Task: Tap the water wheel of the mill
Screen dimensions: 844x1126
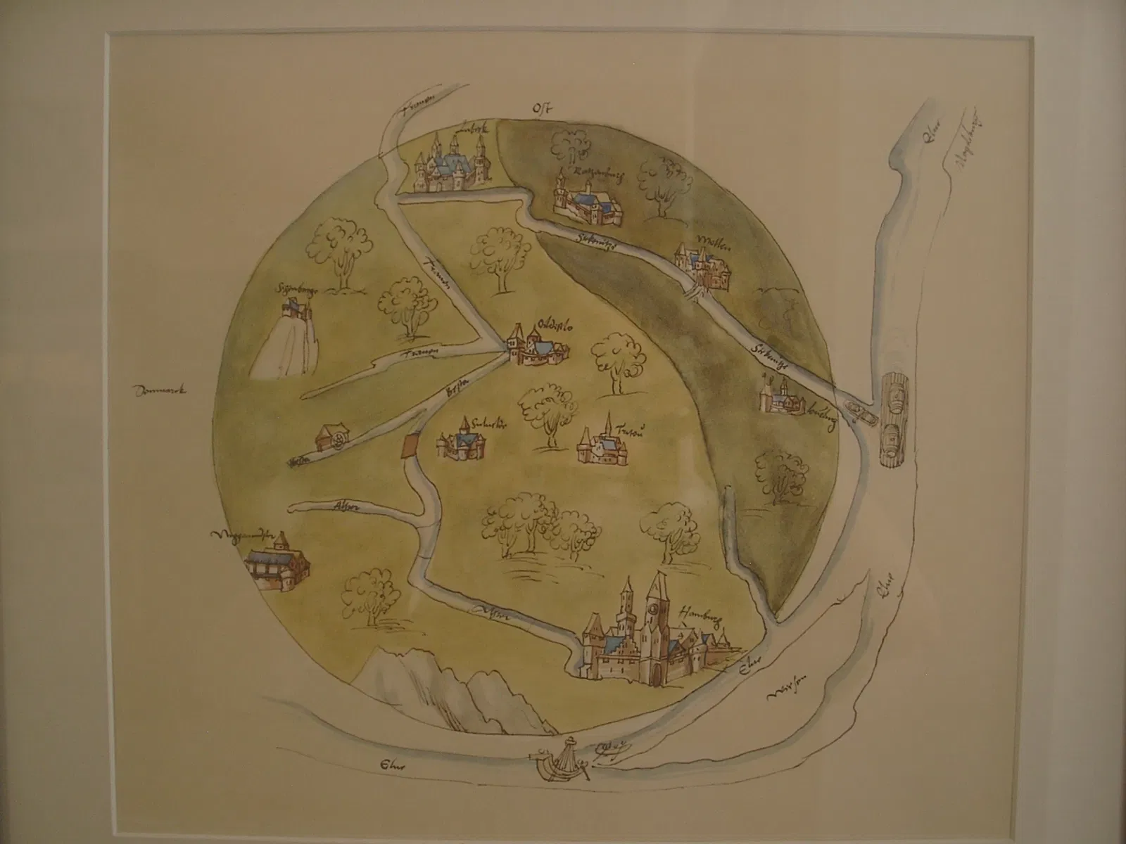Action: pos(340,440)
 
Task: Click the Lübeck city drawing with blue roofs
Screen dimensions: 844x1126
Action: pos(449,167)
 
